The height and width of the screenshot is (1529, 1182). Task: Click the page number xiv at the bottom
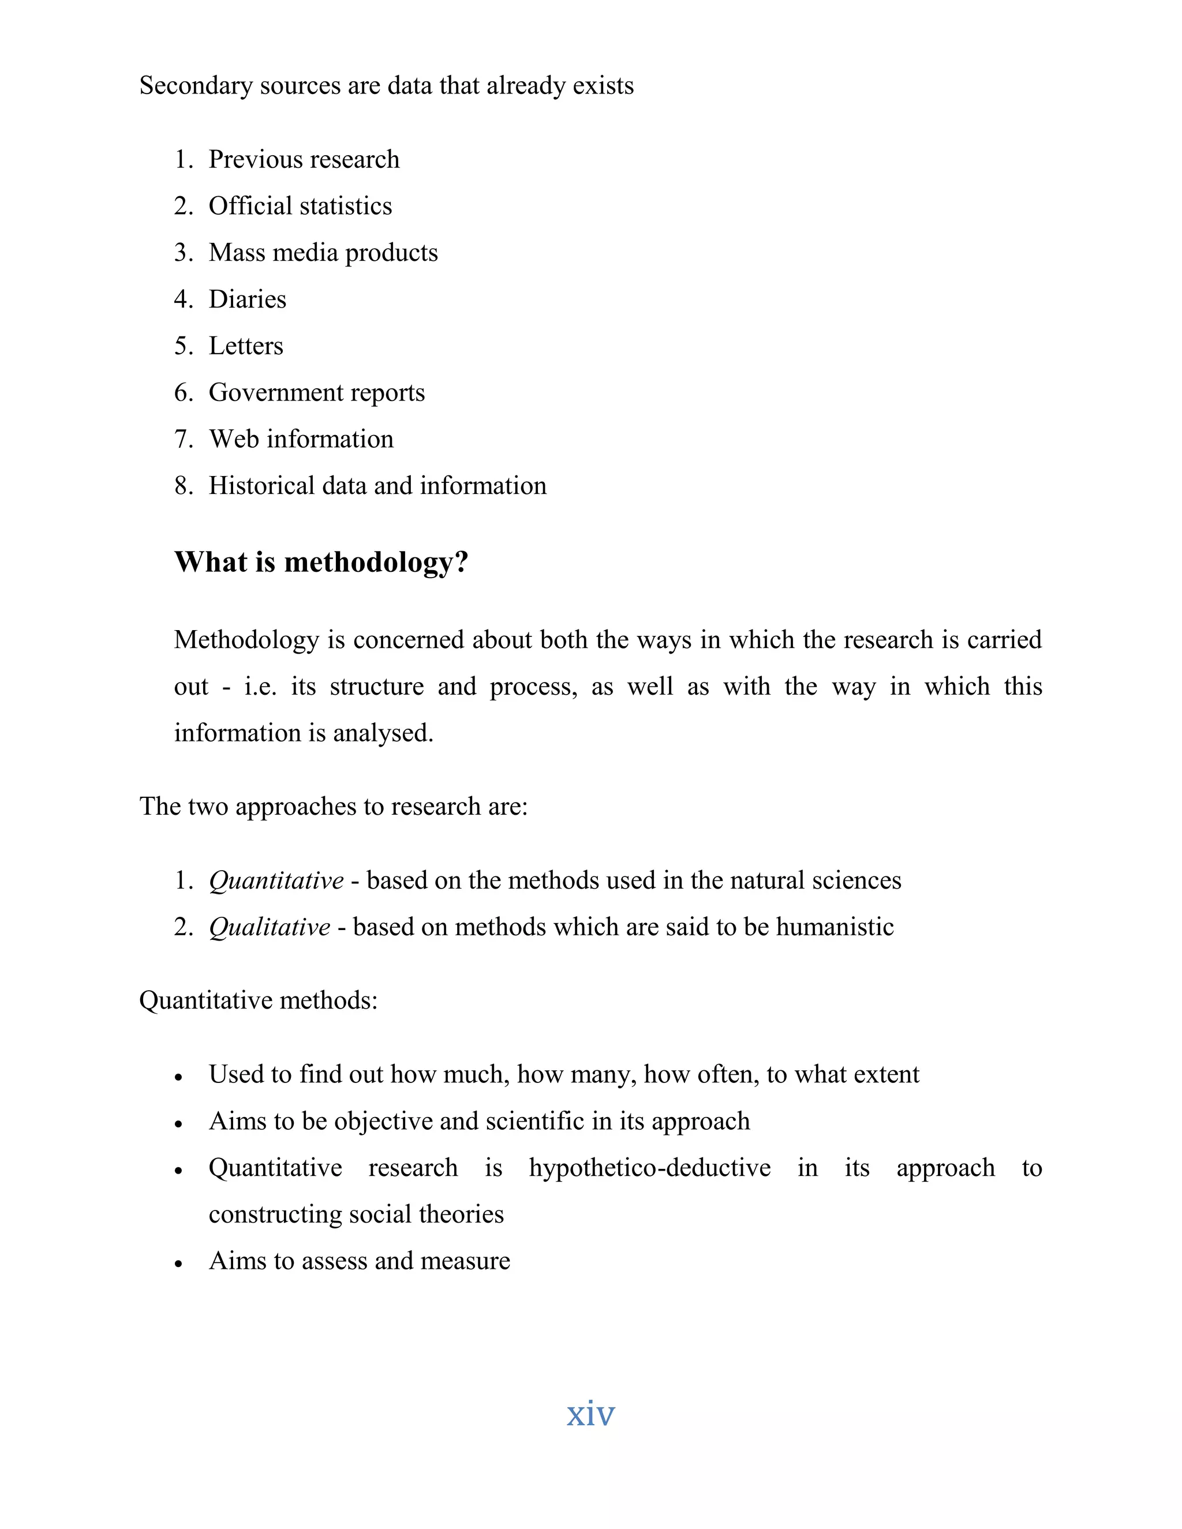[x=590, y=1413]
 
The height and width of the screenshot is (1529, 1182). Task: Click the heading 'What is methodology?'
[x=321, y=562]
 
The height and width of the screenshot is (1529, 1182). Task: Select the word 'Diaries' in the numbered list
[x=247, y=299]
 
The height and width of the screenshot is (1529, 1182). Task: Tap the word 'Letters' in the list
[x=246, y=346]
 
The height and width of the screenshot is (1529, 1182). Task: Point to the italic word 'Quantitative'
[x=276, y=880]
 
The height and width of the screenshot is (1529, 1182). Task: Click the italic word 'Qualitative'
[x=270, y=927]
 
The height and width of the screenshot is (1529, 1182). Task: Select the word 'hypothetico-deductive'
[x=649, y=1168]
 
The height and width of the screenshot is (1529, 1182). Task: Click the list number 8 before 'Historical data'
[x=183, y=486]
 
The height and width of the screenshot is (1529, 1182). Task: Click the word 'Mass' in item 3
[x=236, y=253]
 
